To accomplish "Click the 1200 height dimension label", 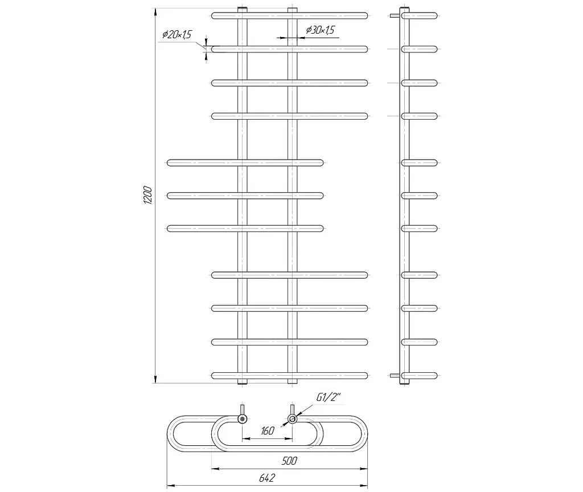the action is pyautogui.click(x=147, y=195).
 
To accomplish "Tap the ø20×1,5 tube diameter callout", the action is pyautogui.click(x=176, y=35).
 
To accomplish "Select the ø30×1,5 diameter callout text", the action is pyautogui.click(x=320, y=30).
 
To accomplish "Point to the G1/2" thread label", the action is pyautogui.click(x=329, y=397).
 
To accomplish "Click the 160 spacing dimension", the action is pyautogui.click(x=268, y=431).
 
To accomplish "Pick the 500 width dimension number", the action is pyautogui.click(x=289, y=461).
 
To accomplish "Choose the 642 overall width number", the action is pyautogui.click(x=267, y=478).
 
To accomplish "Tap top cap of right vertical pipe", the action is pyautogui.click(x=293, y=9).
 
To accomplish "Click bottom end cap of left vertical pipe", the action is pyautogui.click(x=243, y=381).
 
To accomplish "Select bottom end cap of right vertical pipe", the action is pyautogui.click(x=293, y=381).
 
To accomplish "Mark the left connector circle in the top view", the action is pyautogui.click(x=243, y=419).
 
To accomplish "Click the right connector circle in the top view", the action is pyautogui.click(x=293, y=419).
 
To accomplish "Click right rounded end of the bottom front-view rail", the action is pyautogui.click(x=366, y=376).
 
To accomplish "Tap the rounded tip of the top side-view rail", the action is pyautogui.click(x=436, y=15).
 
